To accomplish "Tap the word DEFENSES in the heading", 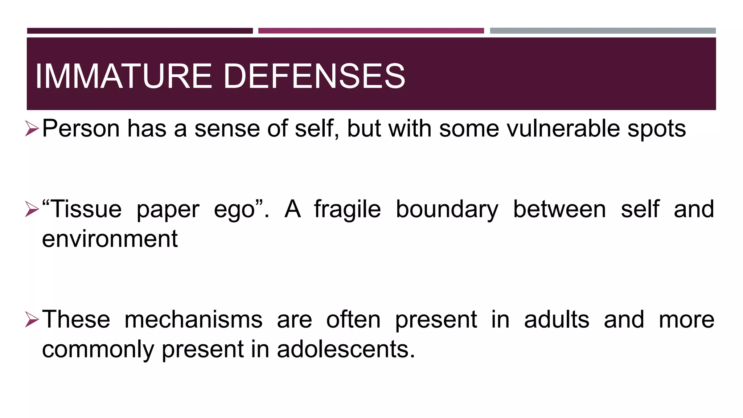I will [x=314, y=76].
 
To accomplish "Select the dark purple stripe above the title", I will [x=140, y=31].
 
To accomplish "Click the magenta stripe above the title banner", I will [x=371, y=31].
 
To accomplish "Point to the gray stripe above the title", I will [x=603, y=31].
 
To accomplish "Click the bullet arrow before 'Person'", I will [x=32, y=129].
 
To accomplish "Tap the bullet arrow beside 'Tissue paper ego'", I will [x=32, y=209].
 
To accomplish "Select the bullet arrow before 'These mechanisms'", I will [x=32, y=320].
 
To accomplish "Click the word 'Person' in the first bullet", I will [x=81, y=129].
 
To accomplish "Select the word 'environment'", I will [x=110, y=239].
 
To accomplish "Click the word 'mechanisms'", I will [x=193, y=320].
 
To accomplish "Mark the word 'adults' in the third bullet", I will [x=557, y=320].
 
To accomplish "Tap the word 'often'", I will [x=353, y=320].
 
